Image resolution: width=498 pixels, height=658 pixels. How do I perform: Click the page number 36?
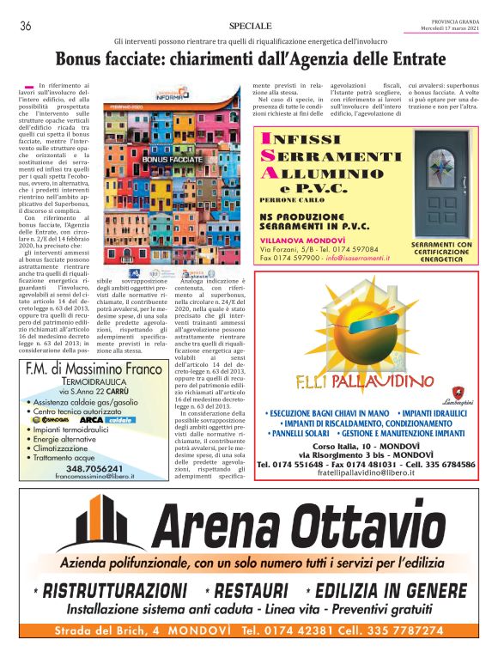(x=26, y=27)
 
